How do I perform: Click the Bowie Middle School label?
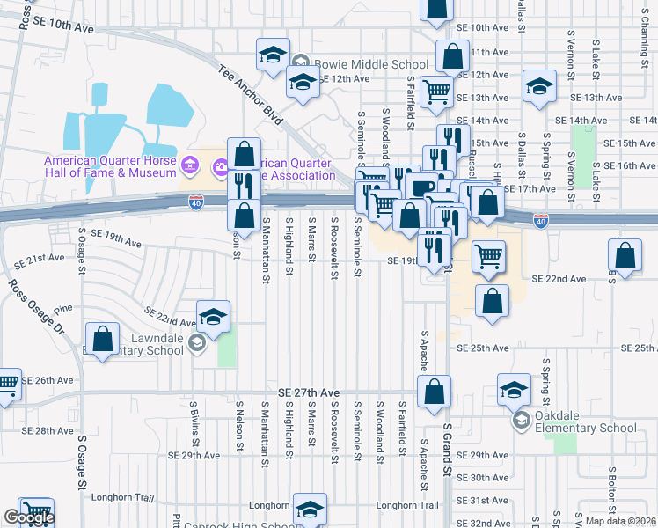coord(371,64)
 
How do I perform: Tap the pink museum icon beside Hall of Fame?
coord(189,165)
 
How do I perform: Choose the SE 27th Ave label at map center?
coord(308,392)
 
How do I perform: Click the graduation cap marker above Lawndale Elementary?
coord(213,316)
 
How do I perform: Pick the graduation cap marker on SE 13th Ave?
coord(538,86)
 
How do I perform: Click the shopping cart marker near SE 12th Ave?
coord(435,91)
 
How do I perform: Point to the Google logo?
coord(28,517)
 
